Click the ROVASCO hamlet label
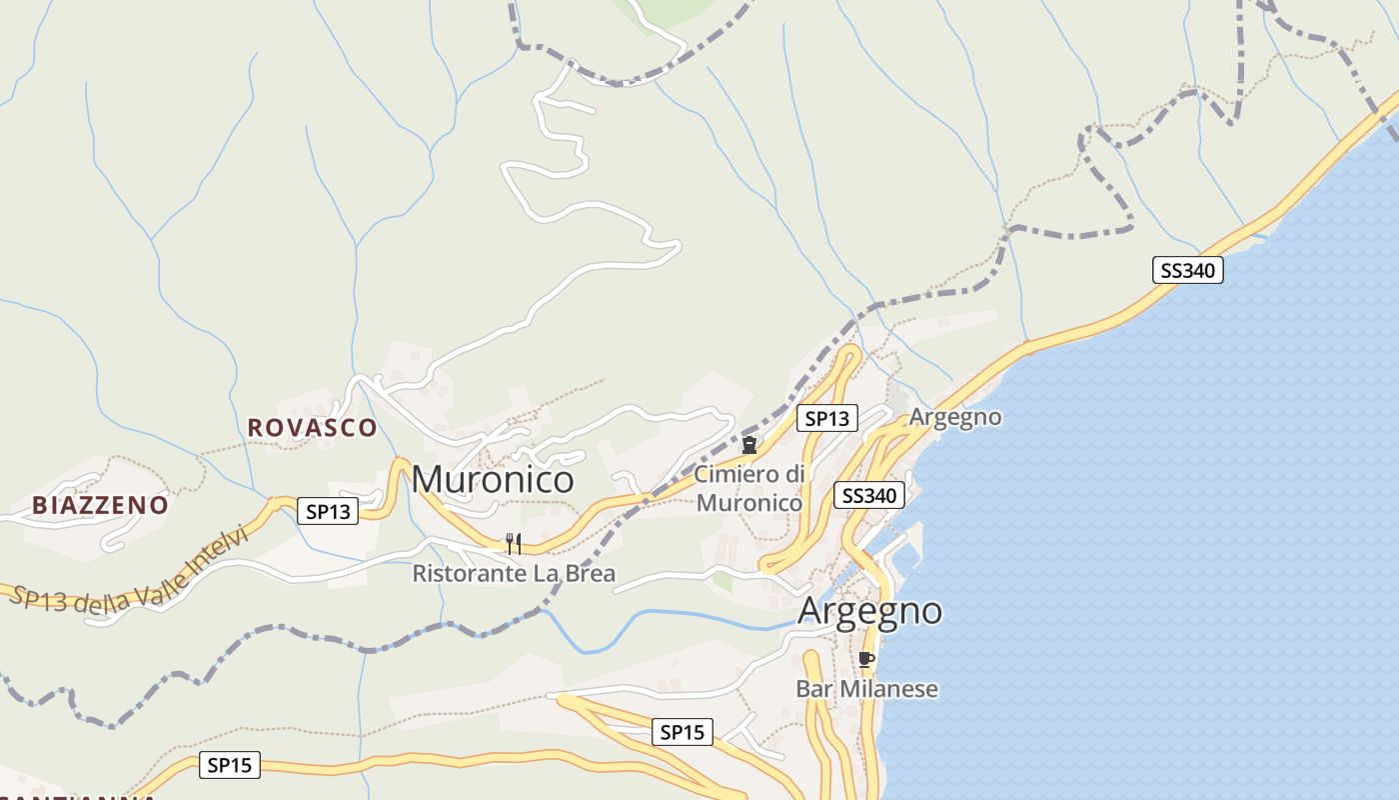312,427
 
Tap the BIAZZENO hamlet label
100,505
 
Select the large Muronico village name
493,480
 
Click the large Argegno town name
869,611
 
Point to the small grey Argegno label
954,417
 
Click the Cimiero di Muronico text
749,488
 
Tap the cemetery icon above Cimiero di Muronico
748,445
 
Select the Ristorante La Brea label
514,574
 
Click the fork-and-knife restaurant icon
514,544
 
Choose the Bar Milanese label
866,689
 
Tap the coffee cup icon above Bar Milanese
865,659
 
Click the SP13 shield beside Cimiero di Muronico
826,418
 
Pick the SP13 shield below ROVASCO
329,511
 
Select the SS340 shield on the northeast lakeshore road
1187,270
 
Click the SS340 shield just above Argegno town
869,495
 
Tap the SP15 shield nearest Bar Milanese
683,732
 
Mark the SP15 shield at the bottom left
229,765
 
